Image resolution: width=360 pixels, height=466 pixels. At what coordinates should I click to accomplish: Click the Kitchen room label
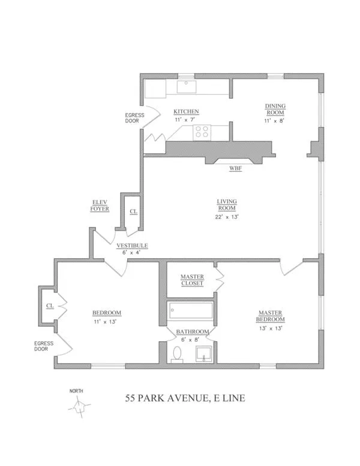(x=186, y=112)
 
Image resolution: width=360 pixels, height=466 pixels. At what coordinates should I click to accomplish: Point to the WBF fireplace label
(x=236, y=168)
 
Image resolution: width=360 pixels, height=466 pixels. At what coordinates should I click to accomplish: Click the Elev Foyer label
(x=100, y=205)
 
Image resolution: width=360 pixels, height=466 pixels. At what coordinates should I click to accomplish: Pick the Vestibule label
(x=132, y=246)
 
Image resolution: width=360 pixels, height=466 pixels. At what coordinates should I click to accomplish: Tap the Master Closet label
(x=192, y=280)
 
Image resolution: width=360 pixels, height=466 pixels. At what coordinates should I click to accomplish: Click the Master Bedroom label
(x=271, y=316)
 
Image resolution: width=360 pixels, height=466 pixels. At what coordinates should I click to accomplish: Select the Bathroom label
(x=193, y=331)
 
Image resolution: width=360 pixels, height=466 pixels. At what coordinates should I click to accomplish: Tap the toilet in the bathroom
(x=177, y=354)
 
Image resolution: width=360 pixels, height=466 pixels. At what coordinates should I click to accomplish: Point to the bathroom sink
(x=205, y=354)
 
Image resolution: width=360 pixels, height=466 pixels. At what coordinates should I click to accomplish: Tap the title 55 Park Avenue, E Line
(x=184, y=398)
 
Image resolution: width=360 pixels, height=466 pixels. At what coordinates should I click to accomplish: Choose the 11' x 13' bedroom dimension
(x=107, y=322)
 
